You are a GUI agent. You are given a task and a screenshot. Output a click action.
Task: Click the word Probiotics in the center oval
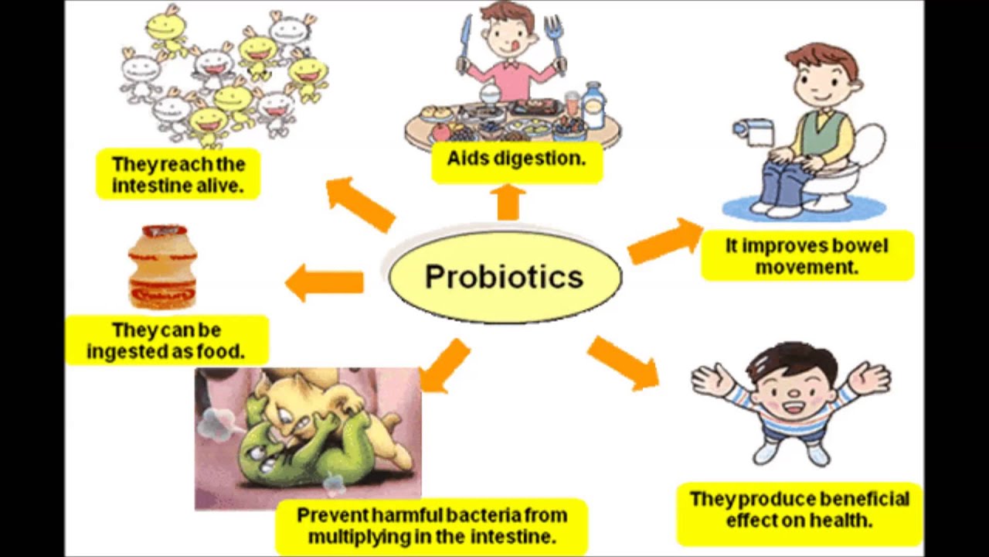click(x=504, y=277)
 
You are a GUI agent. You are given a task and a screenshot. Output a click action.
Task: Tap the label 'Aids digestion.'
click(x=516, y=159)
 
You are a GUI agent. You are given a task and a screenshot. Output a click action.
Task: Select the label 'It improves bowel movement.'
click(x=807, y=256)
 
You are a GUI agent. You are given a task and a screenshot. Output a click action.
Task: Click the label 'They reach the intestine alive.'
click(x=178, y=174)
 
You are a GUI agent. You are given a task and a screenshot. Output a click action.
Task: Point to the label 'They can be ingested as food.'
click(x=166, y=340)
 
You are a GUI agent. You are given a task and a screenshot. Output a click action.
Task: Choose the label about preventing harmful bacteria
click(x=431, y=525)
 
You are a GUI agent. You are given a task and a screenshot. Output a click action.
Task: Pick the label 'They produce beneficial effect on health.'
click(x=799, y=510)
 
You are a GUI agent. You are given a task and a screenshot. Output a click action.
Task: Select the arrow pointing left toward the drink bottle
click(x=325, y=282)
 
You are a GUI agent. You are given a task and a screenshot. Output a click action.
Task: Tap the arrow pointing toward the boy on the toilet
click(x=664, y=241)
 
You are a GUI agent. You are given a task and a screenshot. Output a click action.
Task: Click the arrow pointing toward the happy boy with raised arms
click(x=623, y=362)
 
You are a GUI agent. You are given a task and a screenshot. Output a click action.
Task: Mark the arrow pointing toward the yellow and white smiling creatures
click(x=359, y=203)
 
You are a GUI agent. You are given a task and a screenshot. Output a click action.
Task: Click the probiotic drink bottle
click(x=162, y=267)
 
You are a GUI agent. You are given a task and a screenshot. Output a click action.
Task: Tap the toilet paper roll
click(x=755, y=132)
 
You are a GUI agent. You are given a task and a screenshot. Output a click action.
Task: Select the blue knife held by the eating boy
click(x=464, y=43)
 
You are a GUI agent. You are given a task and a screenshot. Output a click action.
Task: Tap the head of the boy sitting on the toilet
click(x=821, y=77)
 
